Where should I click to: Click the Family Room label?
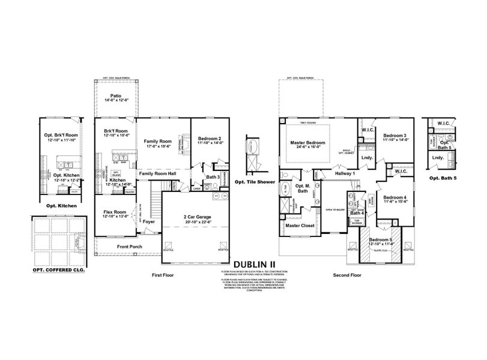(x=159, y=142)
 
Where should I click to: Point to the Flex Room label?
(x=114, y=211)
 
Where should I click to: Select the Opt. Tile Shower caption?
(x=255, y=182)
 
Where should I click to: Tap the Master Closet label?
(x=301, y=226)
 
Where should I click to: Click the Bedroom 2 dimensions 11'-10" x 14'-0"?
(x=207, y=142)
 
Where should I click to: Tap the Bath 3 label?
(x=213, y=177)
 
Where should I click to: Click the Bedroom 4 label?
(x=394, y=197)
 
